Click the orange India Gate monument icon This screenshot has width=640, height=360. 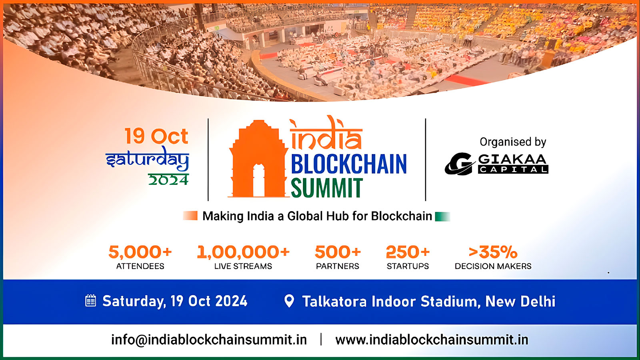tap(258, 160)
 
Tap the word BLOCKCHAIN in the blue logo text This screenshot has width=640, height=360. tap(348, 164)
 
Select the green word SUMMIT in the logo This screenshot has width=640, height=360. tap(326, 188)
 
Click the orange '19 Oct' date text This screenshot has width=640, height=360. tap(156, 136)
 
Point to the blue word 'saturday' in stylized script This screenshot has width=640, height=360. tap(147, 159)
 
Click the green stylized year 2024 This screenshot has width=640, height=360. tap(168, 180)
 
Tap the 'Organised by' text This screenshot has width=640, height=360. tap(513, 142)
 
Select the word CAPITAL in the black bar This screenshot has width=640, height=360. tap(513, 170)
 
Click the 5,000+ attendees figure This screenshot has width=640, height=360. tap(140, 252)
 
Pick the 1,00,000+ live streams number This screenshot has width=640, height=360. tap(243, 252)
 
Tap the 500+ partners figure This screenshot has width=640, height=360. tap(338, 252)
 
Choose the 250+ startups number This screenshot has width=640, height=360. tap(408, 252)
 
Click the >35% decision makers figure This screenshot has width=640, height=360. tap(493, 252)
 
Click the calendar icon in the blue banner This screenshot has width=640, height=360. tap(91, 301)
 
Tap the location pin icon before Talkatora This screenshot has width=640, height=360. tap(289, 301)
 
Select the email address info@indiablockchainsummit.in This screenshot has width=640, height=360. tap(209, 340)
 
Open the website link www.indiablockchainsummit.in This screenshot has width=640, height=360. tap(432, 340)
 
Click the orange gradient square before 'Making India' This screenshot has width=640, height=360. tap(190, 216)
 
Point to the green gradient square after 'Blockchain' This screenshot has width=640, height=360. tap(442, 216)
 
